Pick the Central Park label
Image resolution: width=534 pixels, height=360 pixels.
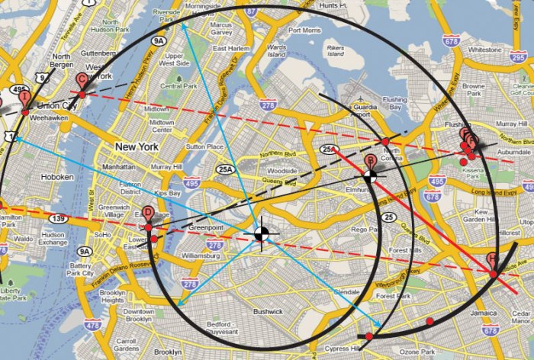(179, 86)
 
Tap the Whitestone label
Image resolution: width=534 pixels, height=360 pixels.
(484, 50)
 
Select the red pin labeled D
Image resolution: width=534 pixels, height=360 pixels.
(148, 215)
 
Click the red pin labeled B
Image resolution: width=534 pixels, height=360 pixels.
(370, 162)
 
